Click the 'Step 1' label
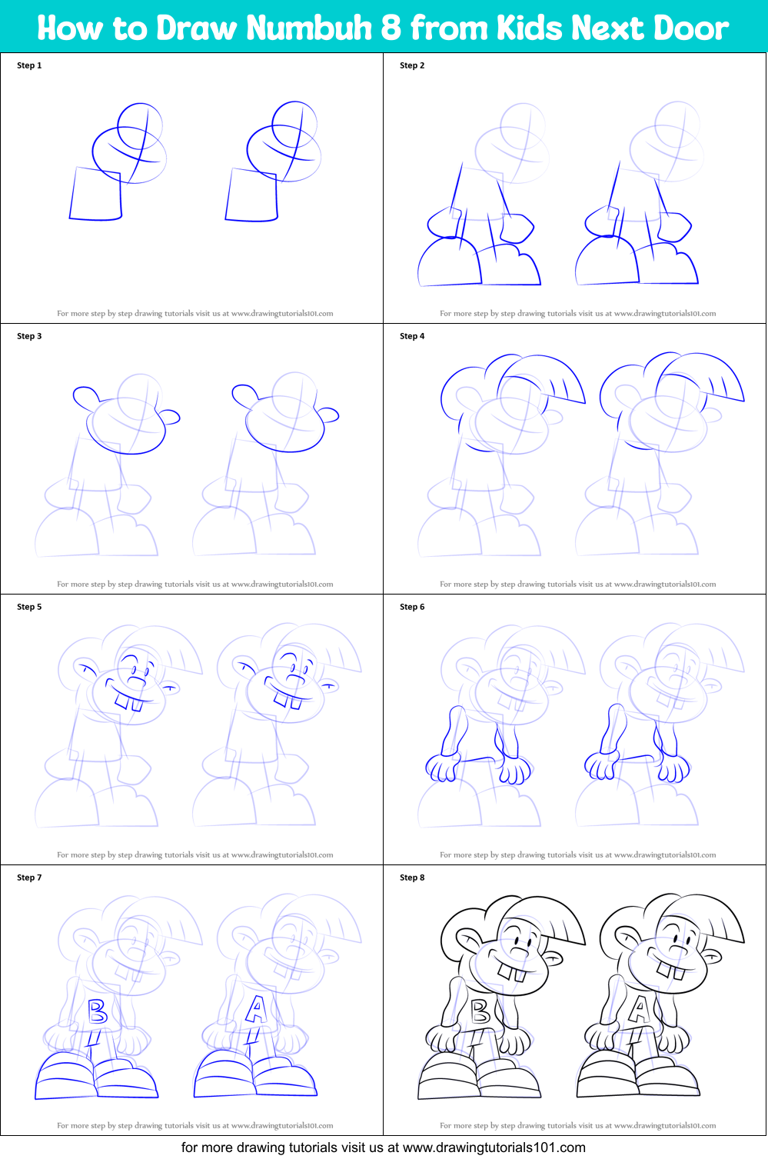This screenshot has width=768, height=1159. (x=29, y=65)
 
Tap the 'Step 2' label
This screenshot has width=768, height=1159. (x=412, y=65)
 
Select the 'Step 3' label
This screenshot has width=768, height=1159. (x=29, y=336)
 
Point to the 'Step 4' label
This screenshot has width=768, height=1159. (x=412, y=336)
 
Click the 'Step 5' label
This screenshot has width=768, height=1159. (x=29, y=607)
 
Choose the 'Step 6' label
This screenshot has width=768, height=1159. (x=412, y=607)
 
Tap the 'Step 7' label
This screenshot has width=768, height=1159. (x=29, y=878)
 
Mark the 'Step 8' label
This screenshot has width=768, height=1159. (x=412, y=878)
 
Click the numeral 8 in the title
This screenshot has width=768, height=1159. (x=391, y=28)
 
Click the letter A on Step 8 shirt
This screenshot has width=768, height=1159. (x=639, y=1010)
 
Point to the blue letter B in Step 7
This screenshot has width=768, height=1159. (x=97, y=1011)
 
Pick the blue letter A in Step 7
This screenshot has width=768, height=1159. (x=255, y=1010)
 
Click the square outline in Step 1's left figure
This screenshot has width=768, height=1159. (x=96, y=195)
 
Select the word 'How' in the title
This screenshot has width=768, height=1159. (x=69, y=28)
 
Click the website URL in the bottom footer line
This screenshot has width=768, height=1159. (x=494, y=1147)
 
